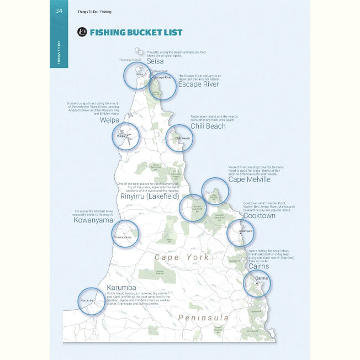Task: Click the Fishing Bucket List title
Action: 136,32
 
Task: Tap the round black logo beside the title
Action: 82,32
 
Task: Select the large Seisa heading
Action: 155,61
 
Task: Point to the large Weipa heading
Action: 110,119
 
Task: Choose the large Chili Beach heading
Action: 208,126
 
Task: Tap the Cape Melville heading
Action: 249,179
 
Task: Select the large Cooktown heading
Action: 259,216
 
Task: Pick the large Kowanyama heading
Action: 93,220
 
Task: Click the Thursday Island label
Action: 130,59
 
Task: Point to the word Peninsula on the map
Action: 203,317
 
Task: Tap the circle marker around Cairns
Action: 257,283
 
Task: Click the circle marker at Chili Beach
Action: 180,138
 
